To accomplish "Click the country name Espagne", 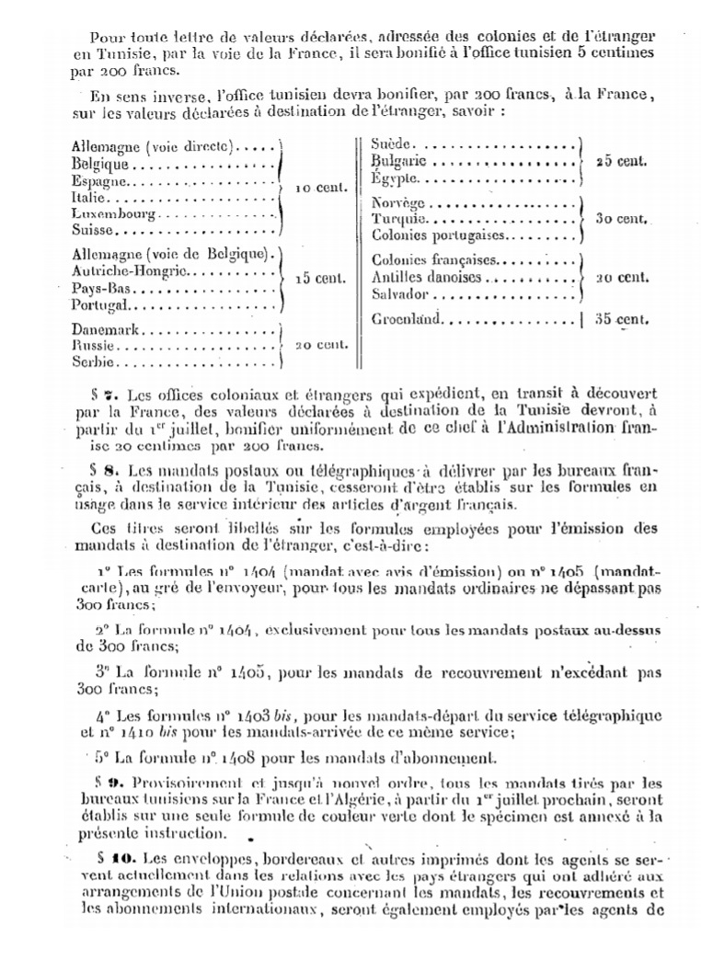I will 98,180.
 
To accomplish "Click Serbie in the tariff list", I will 92,361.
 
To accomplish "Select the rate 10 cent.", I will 321,188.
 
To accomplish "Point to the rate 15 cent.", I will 321,278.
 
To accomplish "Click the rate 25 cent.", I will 621,161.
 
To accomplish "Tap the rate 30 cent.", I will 621,220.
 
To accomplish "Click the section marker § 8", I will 107,468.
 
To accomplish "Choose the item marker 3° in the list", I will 103,672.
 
